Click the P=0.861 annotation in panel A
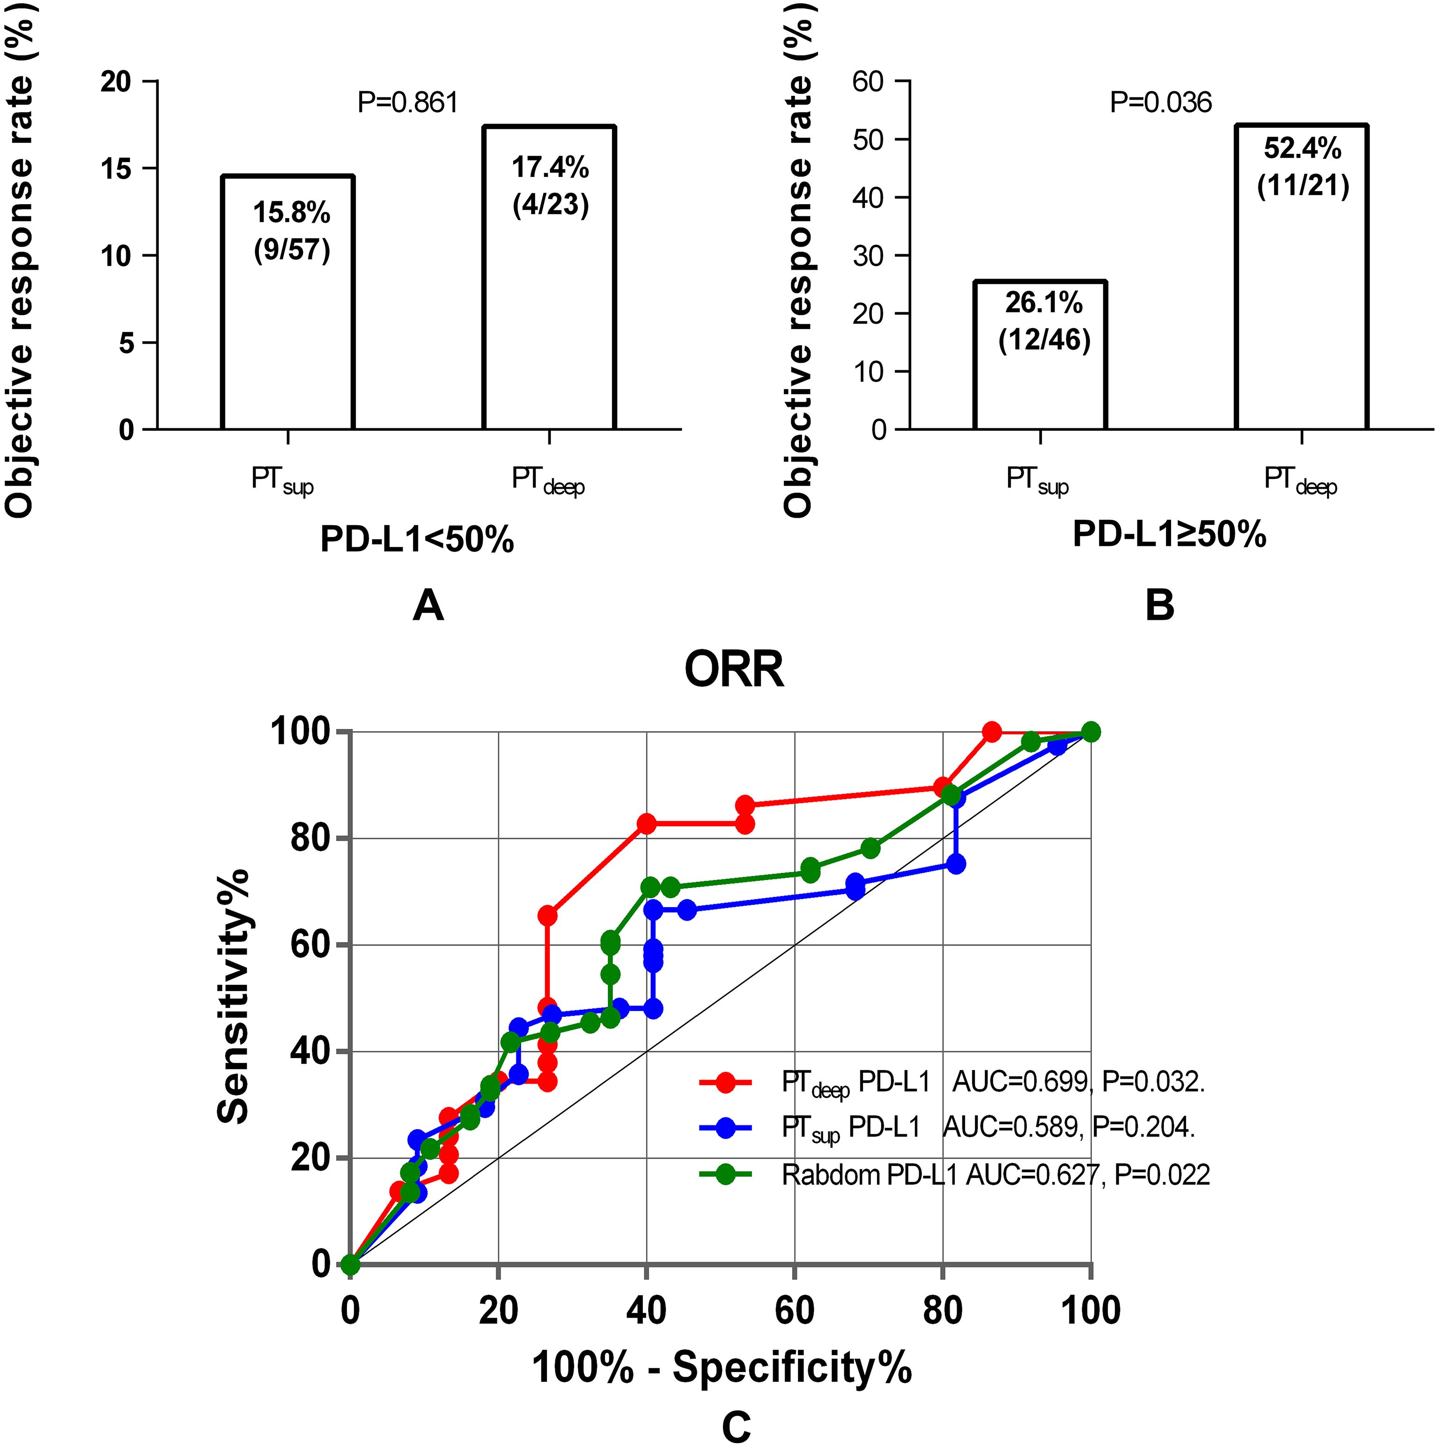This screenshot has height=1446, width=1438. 408,103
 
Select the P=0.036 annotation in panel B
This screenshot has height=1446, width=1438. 1160,103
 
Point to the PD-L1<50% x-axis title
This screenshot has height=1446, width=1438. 417,539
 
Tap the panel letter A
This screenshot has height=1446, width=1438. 428,605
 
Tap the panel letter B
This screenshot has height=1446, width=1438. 1159,605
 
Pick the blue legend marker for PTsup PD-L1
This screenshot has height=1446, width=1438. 724,1128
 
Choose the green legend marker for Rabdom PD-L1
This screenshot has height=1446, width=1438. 724,1174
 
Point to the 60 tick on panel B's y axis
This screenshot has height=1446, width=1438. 870,81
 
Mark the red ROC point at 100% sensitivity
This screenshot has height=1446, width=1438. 992,732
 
